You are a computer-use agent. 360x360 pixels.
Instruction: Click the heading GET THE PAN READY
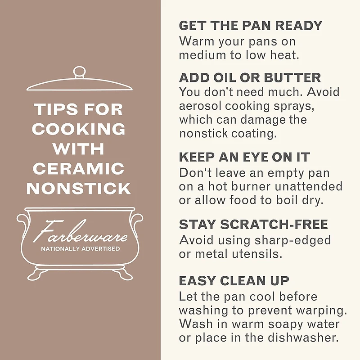click(x=251, y=26)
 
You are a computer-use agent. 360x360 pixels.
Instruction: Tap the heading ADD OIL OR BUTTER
click(x=250, y=77)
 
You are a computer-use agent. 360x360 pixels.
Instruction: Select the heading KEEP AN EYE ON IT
click(x=244, y=157)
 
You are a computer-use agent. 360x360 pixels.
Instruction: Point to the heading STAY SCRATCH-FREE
click(x=253, y=224)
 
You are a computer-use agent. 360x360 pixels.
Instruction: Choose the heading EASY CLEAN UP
click(x=234, y=281)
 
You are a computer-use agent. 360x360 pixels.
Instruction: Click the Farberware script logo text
click(x=81, y=232)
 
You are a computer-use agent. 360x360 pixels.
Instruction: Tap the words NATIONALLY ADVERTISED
click(x=81, y=249)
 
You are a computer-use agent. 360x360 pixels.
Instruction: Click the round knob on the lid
click(x=79, y=72)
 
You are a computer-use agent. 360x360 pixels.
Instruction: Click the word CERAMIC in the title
click(x=78, y=168)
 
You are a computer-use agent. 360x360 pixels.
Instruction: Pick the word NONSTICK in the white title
click(x=78, y=189)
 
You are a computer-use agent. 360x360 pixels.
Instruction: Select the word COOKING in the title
click(x=78, y=129)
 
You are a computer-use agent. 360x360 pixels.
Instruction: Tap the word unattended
click(x=309, y=186)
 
